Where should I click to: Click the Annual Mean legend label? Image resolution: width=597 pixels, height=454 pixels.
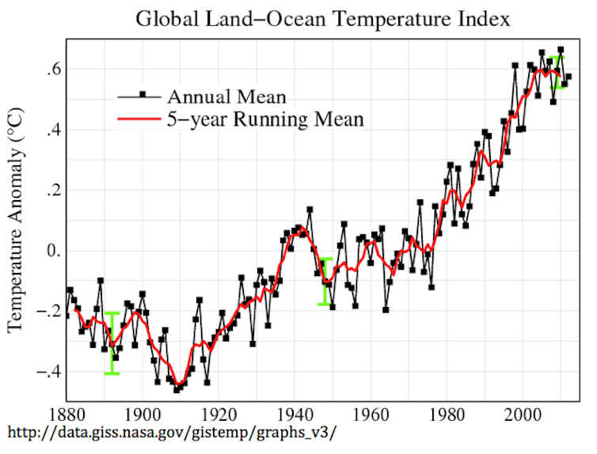click(x=226, y=96)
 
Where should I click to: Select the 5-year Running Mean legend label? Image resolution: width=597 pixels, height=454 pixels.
click(x=265, y=120)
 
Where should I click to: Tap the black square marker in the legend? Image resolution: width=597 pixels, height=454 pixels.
click(x=143, y=96)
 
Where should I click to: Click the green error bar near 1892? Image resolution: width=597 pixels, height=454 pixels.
click(x=112, y=343)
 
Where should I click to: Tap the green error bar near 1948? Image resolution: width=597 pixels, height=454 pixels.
click(x=325, y=282)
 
